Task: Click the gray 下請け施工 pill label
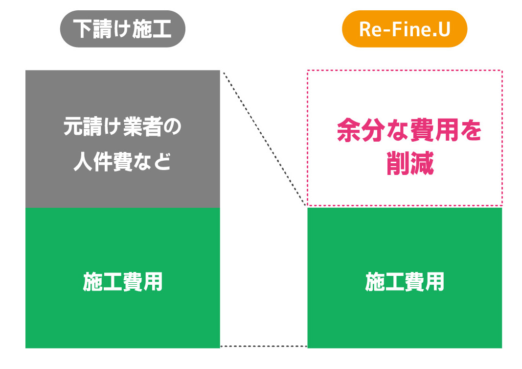point(122,28)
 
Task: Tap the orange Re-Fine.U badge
point(405,28)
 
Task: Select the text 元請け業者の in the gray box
point(122,126)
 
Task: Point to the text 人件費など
point(122,162)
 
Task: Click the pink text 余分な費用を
point(409,130)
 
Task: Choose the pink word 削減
point(410,163)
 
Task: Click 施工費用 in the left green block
point(123,282)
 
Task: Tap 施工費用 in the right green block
point(405,282)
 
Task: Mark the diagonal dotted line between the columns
point(264,138)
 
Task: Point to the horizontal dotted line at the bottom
point(264,346)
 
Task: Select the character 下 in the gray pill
point(83,28)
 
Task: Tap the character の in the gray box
point(172,127)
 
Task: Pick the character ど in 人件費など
point(162,162)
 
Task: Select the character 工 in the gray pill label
point(162,28)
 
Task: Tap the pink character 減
point(422,163)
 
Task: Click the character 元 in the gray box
point(73,126)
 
